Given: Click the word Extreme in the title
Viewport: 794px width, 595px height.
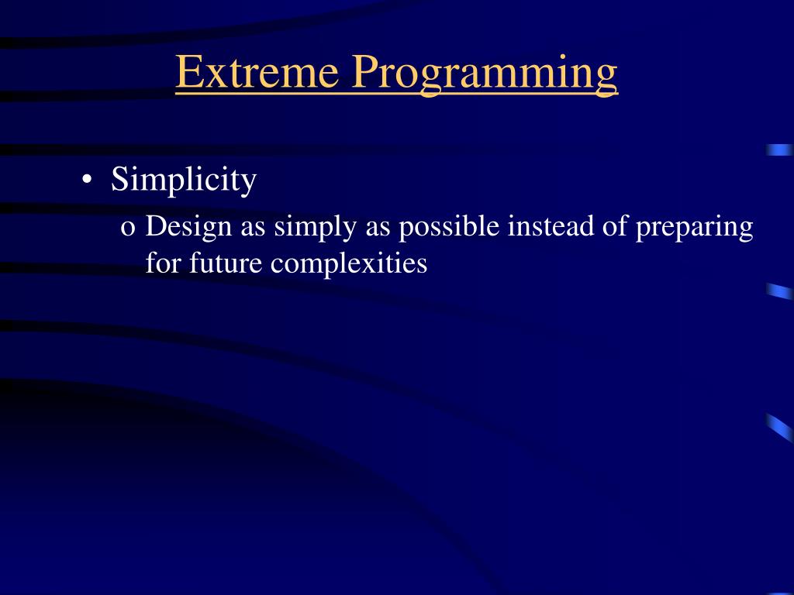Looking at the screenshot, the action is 257,71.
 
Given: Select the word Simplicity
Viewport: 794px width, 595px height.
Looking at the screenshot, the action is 184,180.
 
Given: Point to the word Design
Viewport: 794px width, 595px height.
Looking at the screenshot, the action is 188,227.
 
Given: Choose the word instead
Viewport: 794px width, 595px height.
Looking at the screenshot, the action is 551,226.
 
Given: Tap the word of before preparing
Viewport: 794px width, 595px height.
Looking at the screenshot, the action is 615,226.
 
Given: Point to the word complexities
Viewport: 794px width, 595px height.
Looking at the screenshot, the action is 349,264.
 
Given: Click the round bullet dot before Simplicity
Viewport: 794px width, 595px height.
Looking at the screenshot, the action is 87,180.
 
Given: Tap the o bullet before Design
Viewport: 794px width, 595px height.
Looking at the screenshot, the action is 128,229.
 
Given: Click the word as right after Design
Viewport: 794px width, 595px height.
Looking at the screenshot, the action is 253,229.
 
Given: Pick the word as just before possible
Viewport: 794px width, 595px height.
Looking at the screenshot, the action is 378,229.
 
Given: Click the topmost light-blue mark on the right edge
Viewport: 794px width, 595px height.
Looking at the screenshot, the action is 780,150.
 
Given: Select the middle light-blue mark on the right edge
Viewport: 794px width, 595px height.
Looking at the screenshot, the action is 780,291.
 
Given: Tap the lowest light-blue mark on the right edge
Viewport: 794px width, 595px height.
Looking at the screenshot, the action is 780,428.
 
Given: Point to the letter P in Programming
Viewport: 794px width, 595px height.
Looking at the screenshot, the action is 366,72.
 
